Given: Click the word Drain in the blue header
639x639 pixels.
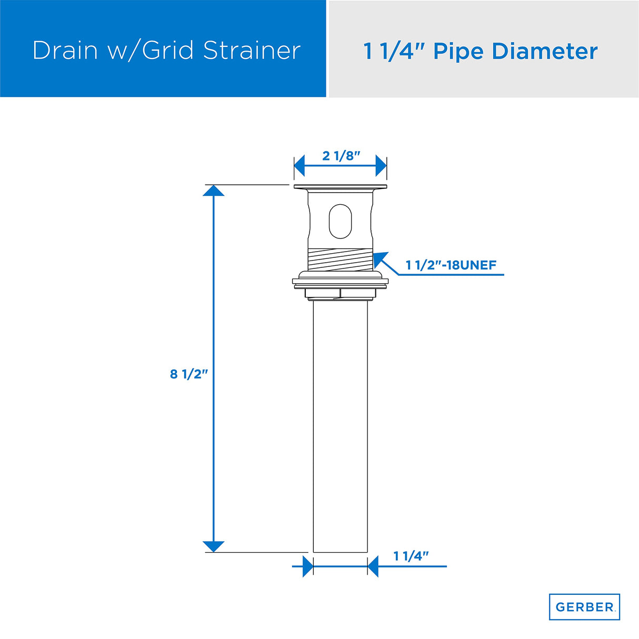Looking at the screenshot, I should [x=65, y=51].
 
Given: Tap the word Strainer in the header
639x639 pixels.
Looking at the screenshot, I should [x=252, y=51].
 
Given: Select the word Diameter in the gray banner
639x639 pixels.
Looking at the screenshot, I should [x=545, y=52].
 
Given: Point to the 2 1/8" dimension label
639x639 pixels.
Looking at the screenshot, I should [x=341, y=155].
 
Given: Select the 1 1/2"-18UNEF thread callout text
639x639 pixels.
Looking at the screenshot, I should [x=451, y=265].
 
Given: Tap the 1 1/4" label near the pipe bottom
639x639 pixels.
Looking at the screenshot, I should [x=411, y=556].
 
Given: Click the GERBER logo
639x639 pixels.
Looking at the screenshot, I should [x=584, y=607].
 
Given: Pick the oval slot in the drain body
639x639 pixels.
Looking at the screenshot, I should [x=340, y=221].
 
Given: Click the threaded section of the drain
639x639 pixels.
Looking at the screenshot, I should [x=340, y=259].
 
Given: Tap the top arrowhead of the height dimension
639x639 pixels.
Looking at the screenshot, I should [x=214, y=191].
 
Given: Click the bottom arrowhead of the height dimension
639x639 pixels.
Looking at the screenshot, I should [x=214, y=546].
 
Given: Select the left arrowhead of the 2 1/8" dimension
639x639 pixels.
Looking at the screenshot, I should [x=299, y=166].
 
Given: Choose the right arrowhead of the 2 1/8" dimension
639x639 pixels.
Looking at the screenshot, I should [x=381, y=166].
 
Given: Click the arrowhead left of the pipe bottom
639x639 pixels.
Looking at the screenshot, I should [x=308, y=566].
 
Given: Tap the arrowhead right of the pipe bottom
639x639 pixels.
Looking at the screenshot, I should [x=373, y=566].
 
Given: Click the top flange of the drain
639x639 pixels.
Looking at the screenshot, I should [x=340, y=187].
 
